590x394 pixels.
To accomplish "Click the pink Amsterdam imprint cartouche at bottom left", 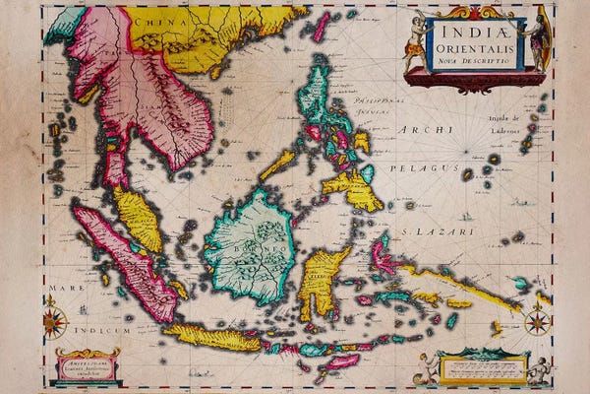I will [87, 365].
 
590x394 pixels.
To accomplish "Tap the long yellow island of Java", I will [211, 338].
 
